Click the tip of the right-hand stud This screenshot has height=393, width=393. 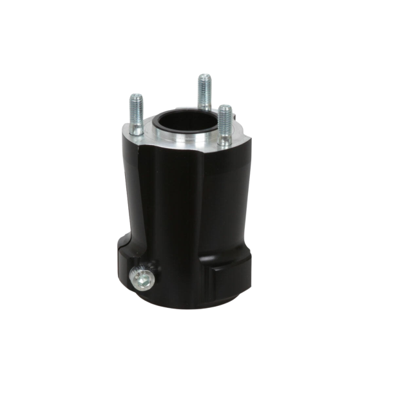(x=223, y=107)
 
